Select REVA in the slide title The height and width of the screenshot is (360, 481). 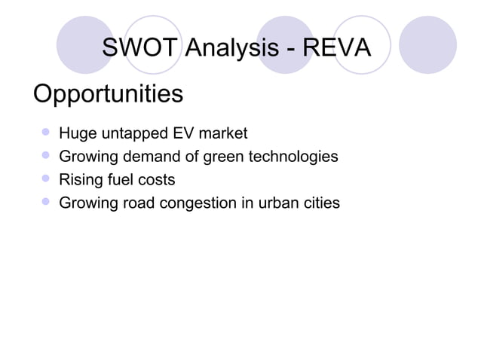[336, 49]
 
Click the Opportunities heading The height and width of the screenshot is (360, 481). [108, 95]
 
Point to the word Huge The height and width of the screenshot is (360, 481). [76, 135]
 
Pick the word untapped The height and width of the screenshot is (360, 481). [132, 135]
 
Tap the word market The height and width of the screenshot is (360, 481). [222, 135]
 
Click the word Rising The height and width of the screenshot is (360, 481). [79, 180]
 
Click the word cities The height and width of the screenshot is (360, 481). [322, 203]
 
